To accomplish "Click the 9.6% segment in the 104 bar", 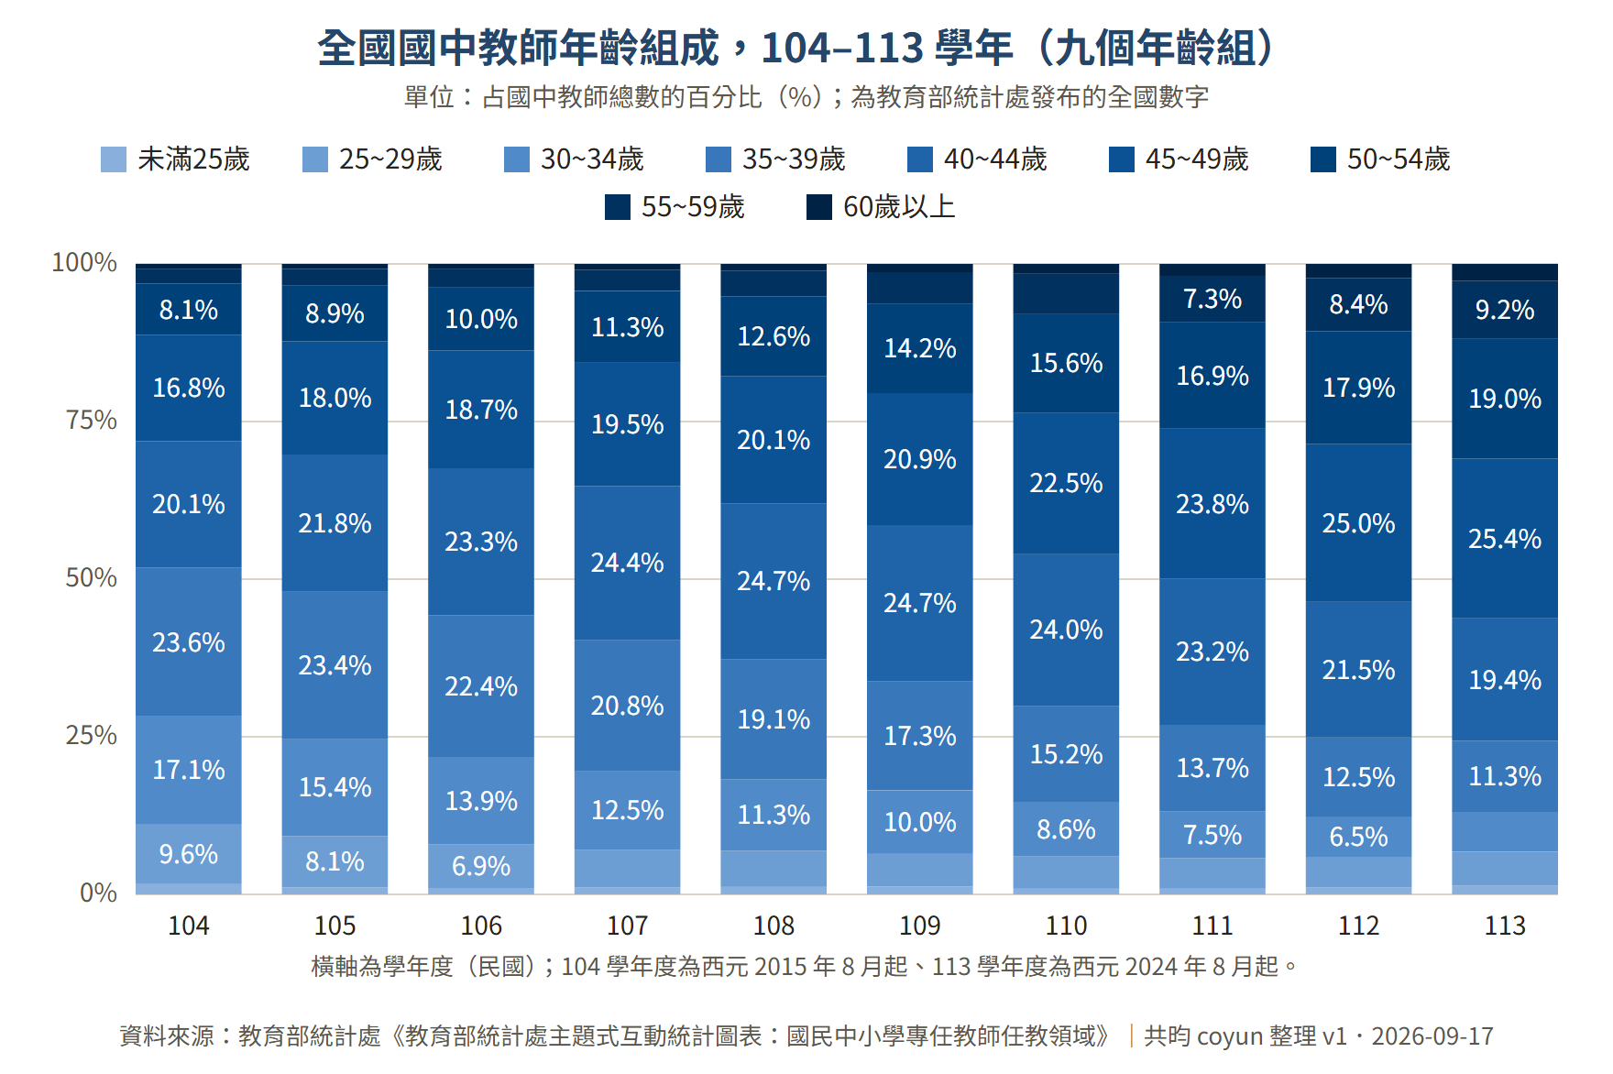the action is click(x=189, y=854).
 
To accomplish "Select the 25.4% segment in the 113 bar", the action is click(x=1505, y=538).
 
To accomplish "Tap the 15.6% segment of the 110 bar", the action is click(x=1066, y=363).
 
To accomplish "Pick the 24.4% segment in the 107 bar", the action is click(x=628, y=563).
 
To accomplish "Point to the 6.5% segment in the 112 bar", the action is click(x=1358, y=837).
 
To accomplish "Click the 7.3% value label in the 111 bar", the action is click(x=1212, y=299).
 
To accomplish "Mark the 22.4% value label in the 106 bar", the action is click(x=481, y=686).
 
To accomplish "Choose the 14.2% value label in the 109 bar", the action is click(x=920, y=348).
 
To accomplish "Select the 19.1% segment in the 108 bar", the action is click(x=774, y=719).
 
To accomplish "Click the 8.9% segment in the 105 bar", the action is click(x=335, y=313).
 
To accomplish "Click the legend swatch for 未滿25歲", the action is click(x=114, y=159).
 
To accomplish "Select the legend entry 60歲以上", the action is click(x=881, y=207).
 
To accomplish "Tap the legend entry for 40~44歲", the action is click(x=977, y=159).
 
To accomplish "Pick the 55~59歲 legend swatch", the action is click(x=618, y=207).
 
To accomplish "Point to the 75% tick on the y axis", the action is click(x=92, y=421).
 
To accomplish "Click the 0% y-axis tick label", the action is click(x=99, y=893).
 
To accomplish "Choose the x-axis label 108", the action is click(x=774, y=926).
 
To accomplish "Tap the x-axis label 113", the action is click(x=1505, y=926).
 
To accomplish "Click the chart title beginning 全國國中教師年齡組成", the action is click(x=796, y=48).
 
